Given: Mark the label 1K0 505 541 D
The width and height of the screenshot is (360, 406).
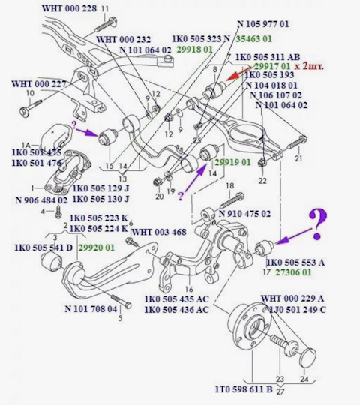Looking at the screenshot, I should point(43,245).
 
